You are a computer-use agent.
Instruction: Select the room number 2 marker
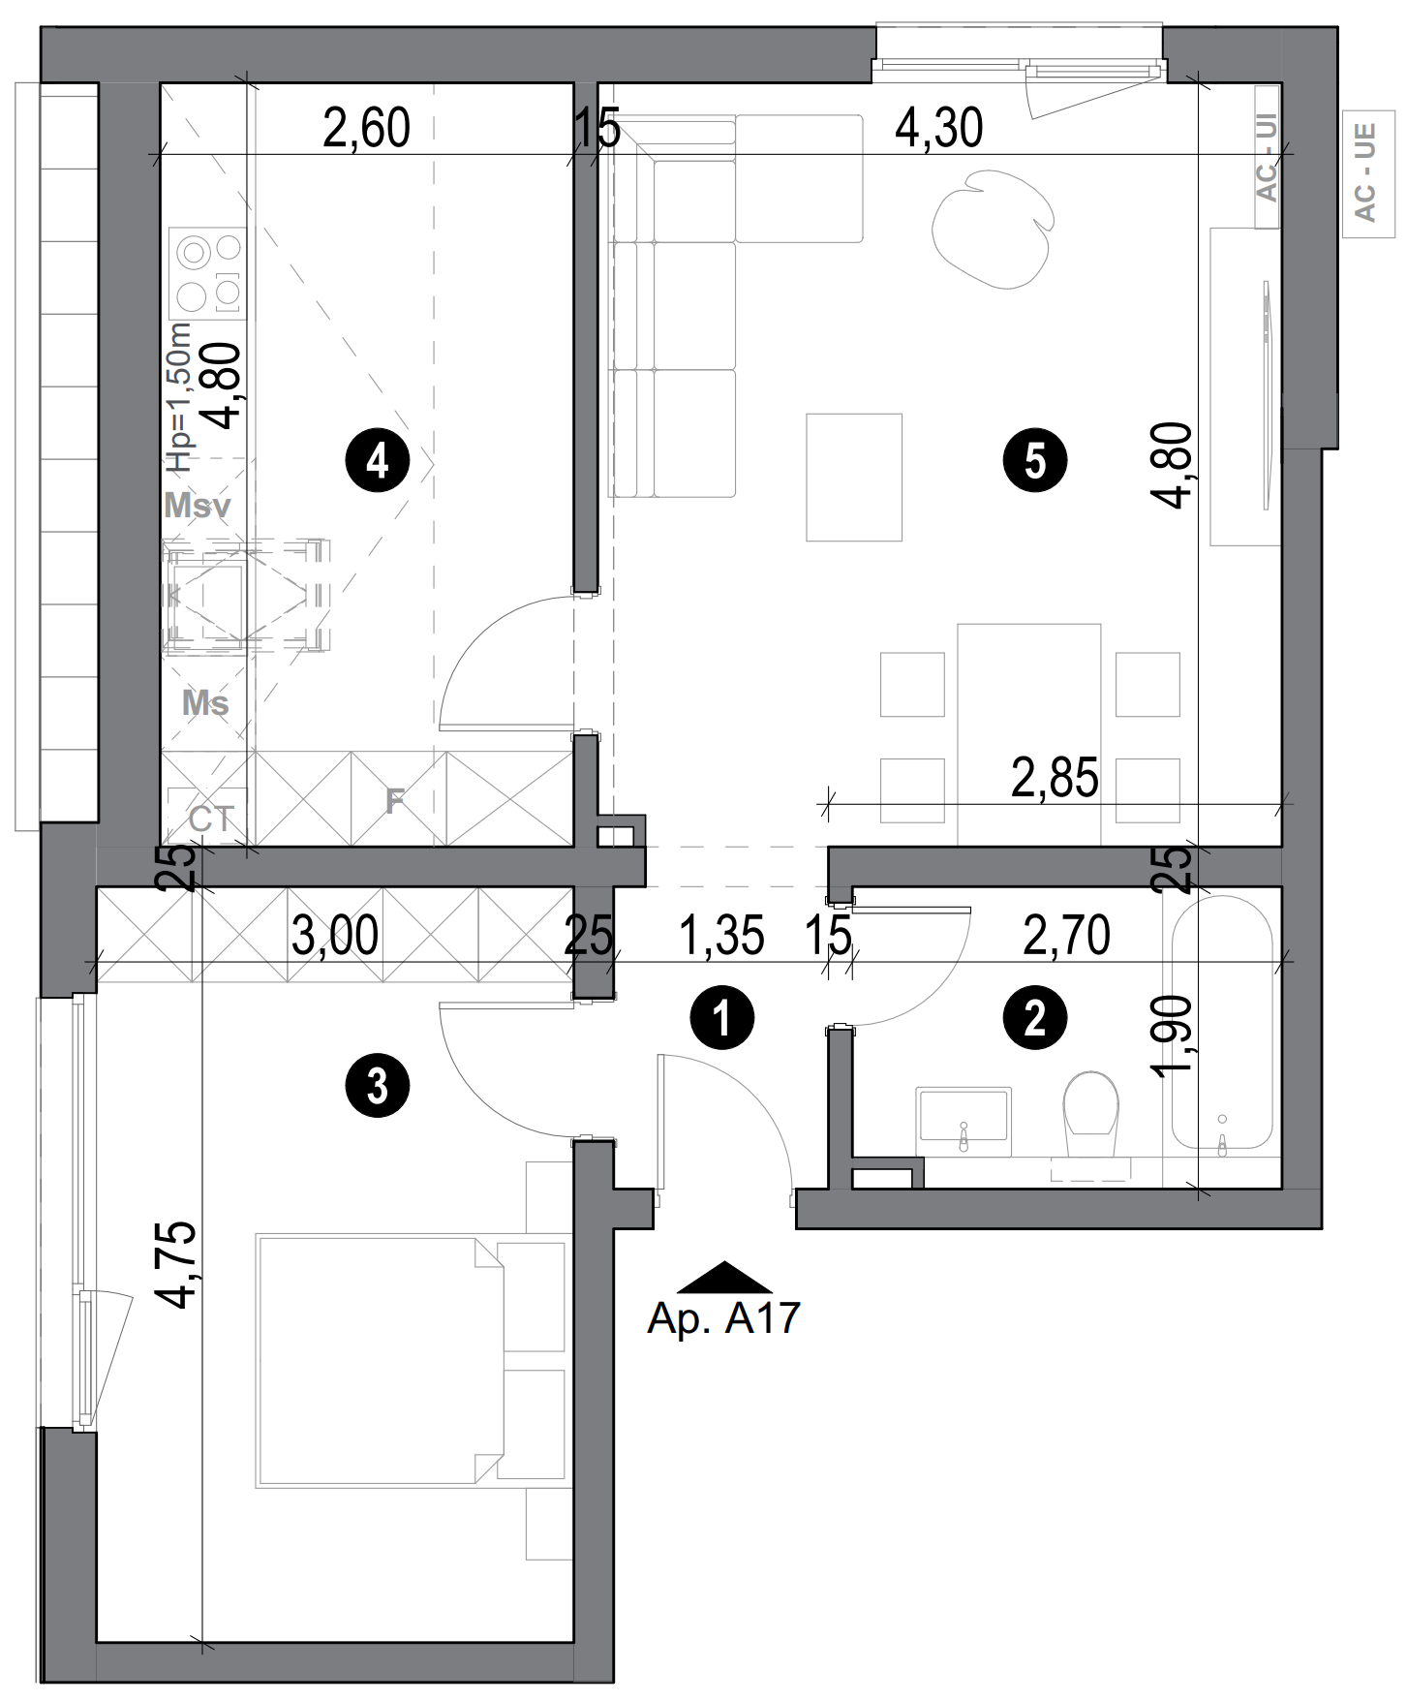coord(1034,1018)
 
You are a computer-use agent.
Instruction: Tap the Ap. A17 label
coord(723,1317)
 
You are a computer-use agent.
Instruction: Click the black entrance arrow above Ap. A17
coord(723,1279)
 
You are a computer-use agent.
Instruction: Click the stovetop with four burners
coord(207,272)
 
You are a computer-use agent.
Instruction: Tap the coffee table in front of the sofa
coord(854,477)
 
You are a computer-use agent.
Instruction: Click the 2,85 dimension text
coord(1055,778)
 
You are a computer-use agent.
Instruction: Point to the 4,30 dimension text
coord(938,129)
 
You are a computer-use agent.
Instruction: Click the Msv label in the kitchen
coord(198,505)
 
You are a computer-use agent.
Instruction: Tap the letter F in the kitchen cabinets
coord(394,800)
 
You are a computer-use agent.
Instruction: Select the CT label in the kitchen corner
coord(210,820)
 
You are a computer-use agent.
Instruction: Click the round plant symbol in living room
coord(991,229)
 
